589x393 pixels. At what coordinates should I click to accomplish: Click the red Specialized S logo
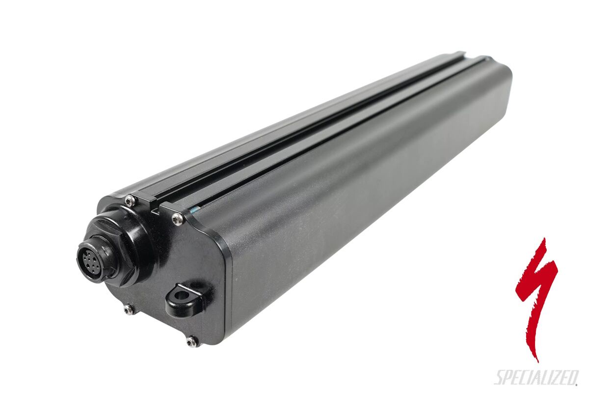[537, 295]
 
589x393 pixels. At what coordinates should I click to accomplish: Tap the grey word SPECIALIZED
[535, 377]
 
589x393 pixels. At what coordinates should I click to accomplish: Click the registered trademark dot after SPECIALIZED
[577, 385]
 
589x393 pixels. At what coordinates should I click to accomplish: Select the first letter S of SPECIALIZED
[499, 377]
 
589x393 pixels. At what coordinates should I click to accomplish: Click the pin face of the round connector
[89, 256]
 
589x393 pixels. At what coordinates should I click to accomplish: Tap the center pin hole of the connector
[89, 256]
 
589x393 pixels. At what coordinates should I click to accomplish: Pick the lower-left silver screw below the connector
[129, 309]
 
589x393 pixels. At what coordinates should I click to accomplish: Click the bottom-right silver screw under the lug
[192, 340]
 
